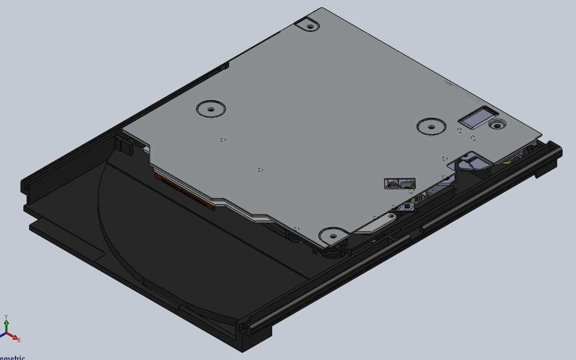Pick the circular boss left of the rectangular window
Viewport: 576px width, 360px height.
coord(431,126)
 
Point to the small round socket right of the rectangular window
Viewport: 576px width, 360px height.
coord(498,125)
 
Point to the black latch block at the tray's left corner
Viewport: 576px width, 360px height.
coord(124,144)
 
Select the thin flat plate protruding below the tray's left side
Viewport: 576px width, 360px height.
coord(64,237)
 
